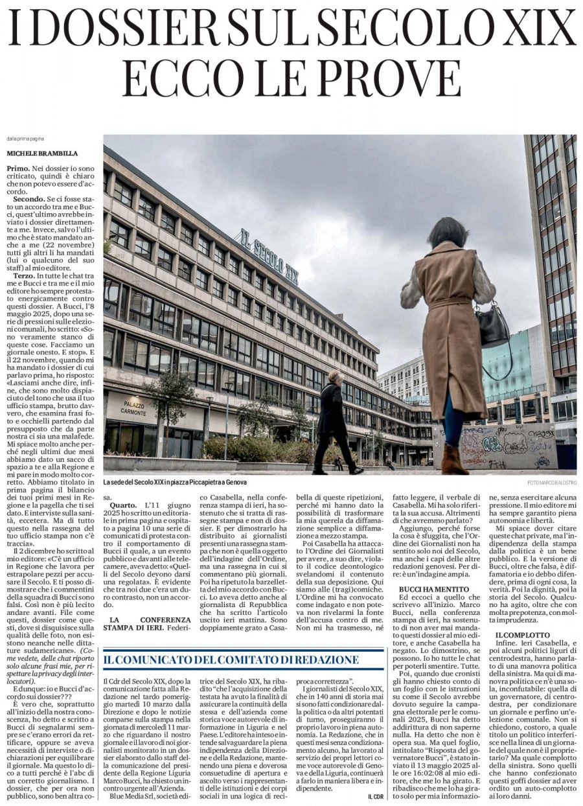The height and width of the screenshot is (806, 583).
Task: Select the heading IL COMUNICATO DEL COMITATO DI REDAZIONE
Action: pos(233,641)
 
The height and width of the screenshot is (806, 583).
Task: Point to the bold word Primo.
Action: pos(18,168)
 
